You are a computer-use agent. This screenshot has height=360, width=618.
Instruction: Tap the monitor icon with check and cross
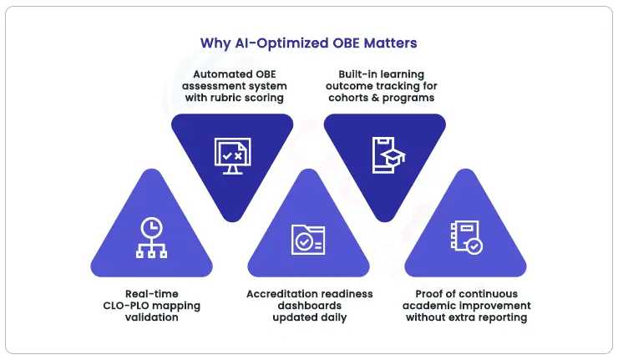(231, 155)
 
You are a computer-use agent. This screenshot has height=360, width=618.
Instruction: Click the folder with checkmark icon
(307, 239)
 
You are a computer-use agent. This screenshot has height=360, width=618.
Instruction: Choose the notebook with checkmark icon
(465, 237)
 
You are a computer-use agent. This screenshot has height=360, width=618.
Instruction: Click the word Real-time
(151, 294)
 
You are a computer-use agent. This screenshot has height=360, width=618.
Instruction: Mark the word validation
(151, 317)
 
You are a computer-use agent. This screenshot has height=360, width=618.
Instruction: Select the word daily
(331, 317)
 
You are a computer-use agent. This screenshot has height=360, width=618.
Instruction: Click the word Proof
(431, 294)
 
